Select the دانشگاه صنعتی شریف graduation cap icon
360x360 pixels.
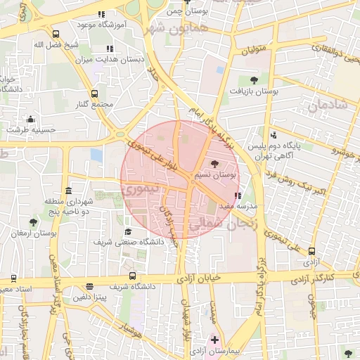[128, 231]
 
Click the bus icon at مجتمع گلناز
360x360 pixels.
[94, 94]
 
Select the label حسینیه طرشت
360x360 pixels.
[31, 129]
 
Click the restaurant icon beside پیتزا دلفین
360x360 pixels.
[89, 286]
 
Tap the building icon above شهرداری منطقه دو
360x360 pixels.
[68, 191]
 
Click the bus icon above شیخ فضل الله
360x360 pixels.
[56, 34]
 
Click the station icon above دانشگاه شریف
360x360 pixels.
[132, 276]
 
